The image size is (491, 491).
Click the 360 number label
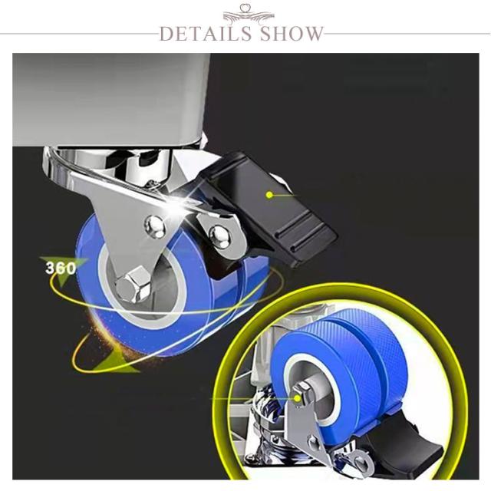(61, 268)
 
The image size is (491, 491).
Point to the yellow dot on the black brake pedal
(269, 195)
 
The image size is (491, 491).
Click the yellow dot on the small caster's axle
(297, 398)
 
